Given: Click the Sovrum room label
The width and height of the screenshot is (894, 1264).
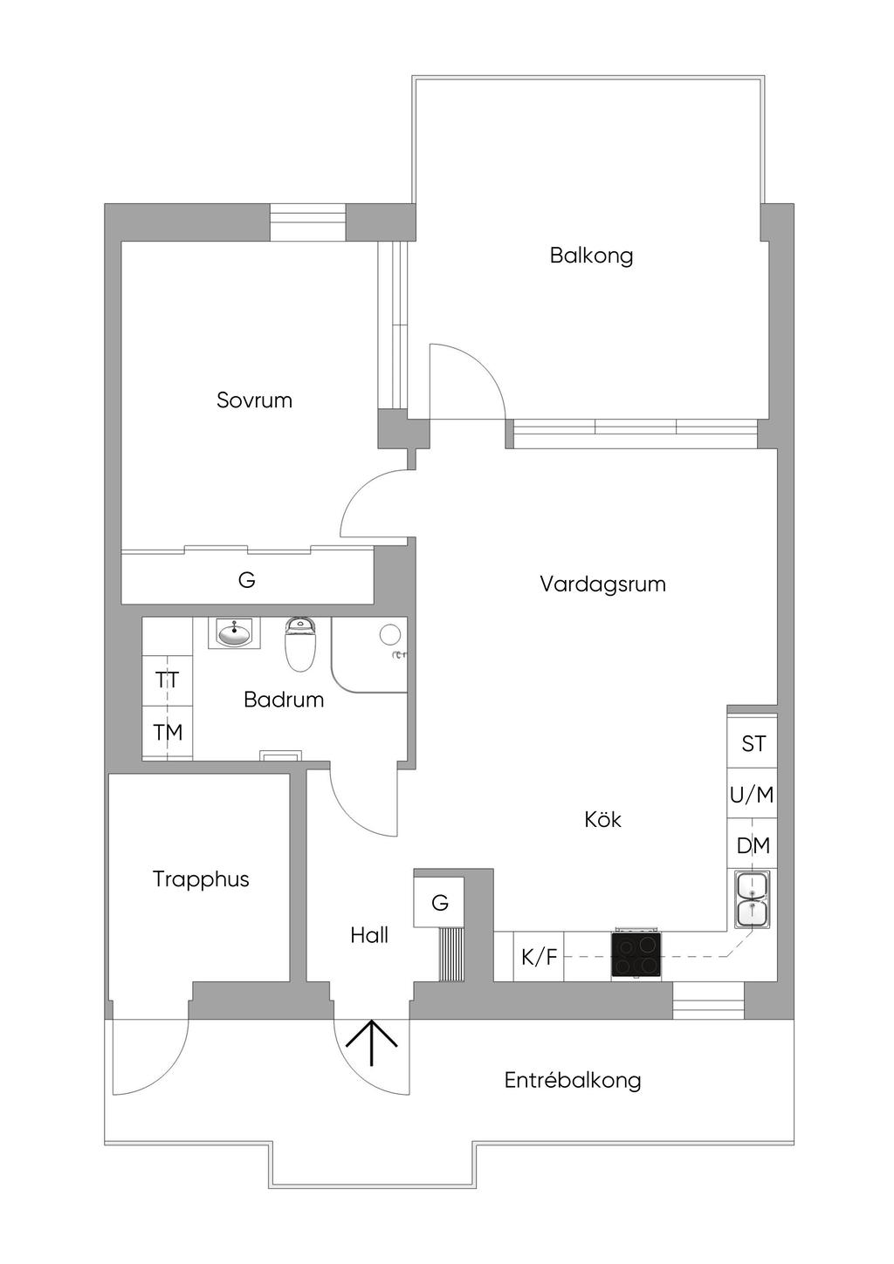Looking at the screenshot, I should [x=254, y=400].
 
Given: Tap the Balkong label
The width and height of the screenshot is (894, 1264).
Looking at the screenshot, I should [x=591, y=256].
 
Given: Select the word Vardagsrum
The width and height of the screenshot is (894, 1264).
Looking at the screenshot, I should [x=602, y=584].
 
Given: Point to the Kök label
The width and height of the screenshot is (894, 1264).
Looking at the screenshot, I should [x=602, y=819].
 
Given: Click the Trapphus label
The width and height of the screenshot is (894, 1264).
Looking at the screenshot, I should [x=201, y=878].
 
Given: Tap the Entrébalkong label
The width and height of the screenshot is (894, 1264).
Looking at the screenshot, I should [x=573, y=1080].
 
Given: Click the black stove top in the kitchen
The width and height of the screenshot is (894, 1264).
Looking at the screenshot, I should [x=636, y=954].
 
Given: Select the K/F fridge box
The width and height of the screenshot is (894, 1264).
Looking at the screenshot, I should [x=539, y=957].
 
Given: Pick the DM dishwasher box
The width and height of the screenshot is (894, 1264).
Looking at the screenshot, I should [x=753, y=845].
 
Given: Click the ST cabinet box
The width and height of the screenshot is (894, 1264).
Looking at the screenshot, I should [x=753, y=743].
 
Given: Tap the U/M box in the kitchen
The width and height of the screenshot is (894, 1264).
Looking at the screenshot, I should [x=752, y=795].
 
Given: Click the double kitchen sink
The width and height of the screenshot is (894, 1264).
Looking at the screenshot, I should [x=752, y=899].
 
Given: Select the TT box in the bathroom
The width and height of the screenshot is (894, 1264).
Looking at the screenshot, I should [x=168, y=680].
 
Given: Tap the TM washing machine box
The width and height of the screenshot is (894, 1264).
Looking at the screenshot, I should [x=168, y=732].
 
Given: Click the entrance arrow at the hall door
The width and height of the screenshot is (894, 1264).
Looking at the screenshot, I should [x=371, y=1042].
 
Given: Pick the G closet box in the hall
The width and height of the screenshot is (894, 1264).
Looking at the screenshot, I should [x=439, y=903].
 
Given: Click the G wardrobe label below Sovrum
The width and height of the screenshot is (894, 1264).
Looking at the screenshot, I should [x=247, y=580].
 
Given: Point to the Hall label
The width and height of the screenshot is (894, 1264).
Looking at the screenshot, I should [x=369, y=935].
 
